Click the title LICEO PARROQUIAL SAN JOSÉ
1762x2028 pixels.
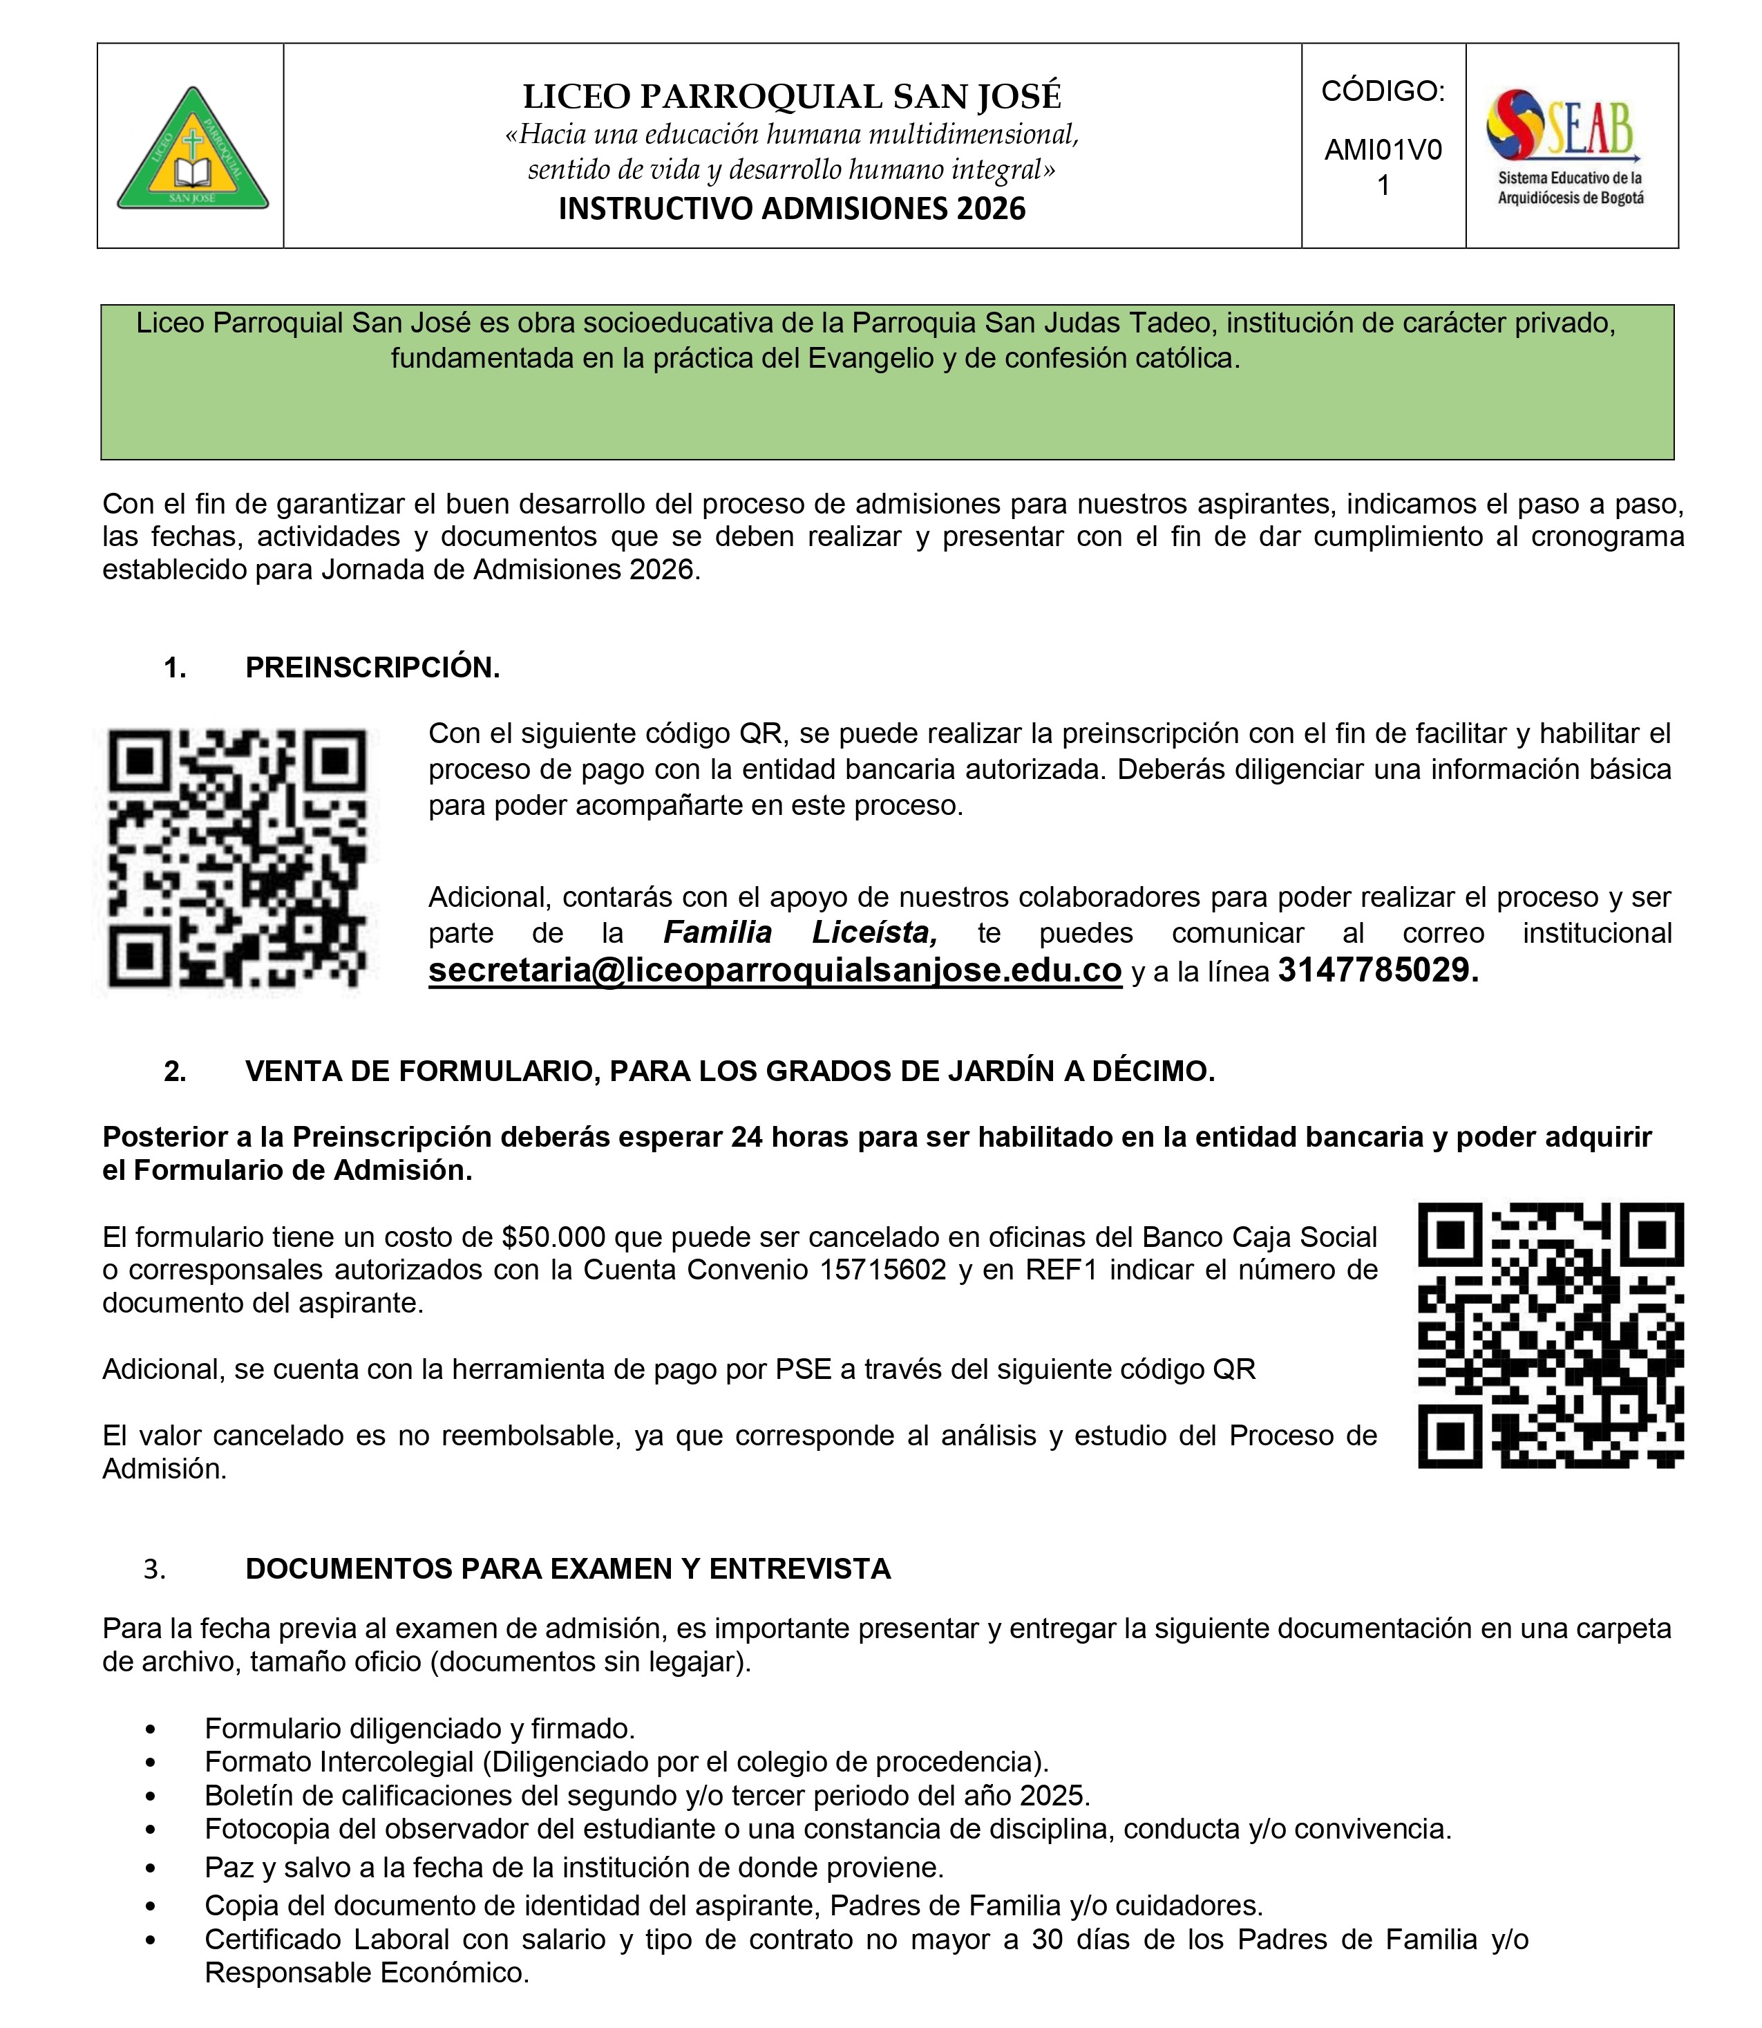click(x=792, y=96)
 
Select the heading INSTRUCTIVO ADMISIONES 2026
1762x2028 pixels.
click(x=792, y=209)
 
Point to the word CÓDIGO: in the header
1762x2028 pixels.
click(x=1383, y=91)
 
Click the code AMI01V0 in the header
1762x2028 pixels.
click(x=1383, y=149)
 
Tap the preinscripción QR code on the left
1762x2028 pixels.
click(x=236, y=858)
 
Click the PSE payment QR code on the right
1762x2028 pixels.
click(x=1551, y=1335)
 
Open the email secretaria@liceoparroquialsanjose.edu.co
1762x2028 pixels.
click(x=775, y=970)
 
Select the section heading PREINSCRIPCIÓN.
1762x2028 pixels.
click(x=372, y=668)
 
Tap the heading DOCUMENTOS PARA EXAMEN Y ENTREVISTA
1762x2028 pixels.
click(x=568, y=1569)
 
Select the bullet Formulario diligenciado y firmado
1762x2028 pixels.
click(x=420, y=1728)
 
